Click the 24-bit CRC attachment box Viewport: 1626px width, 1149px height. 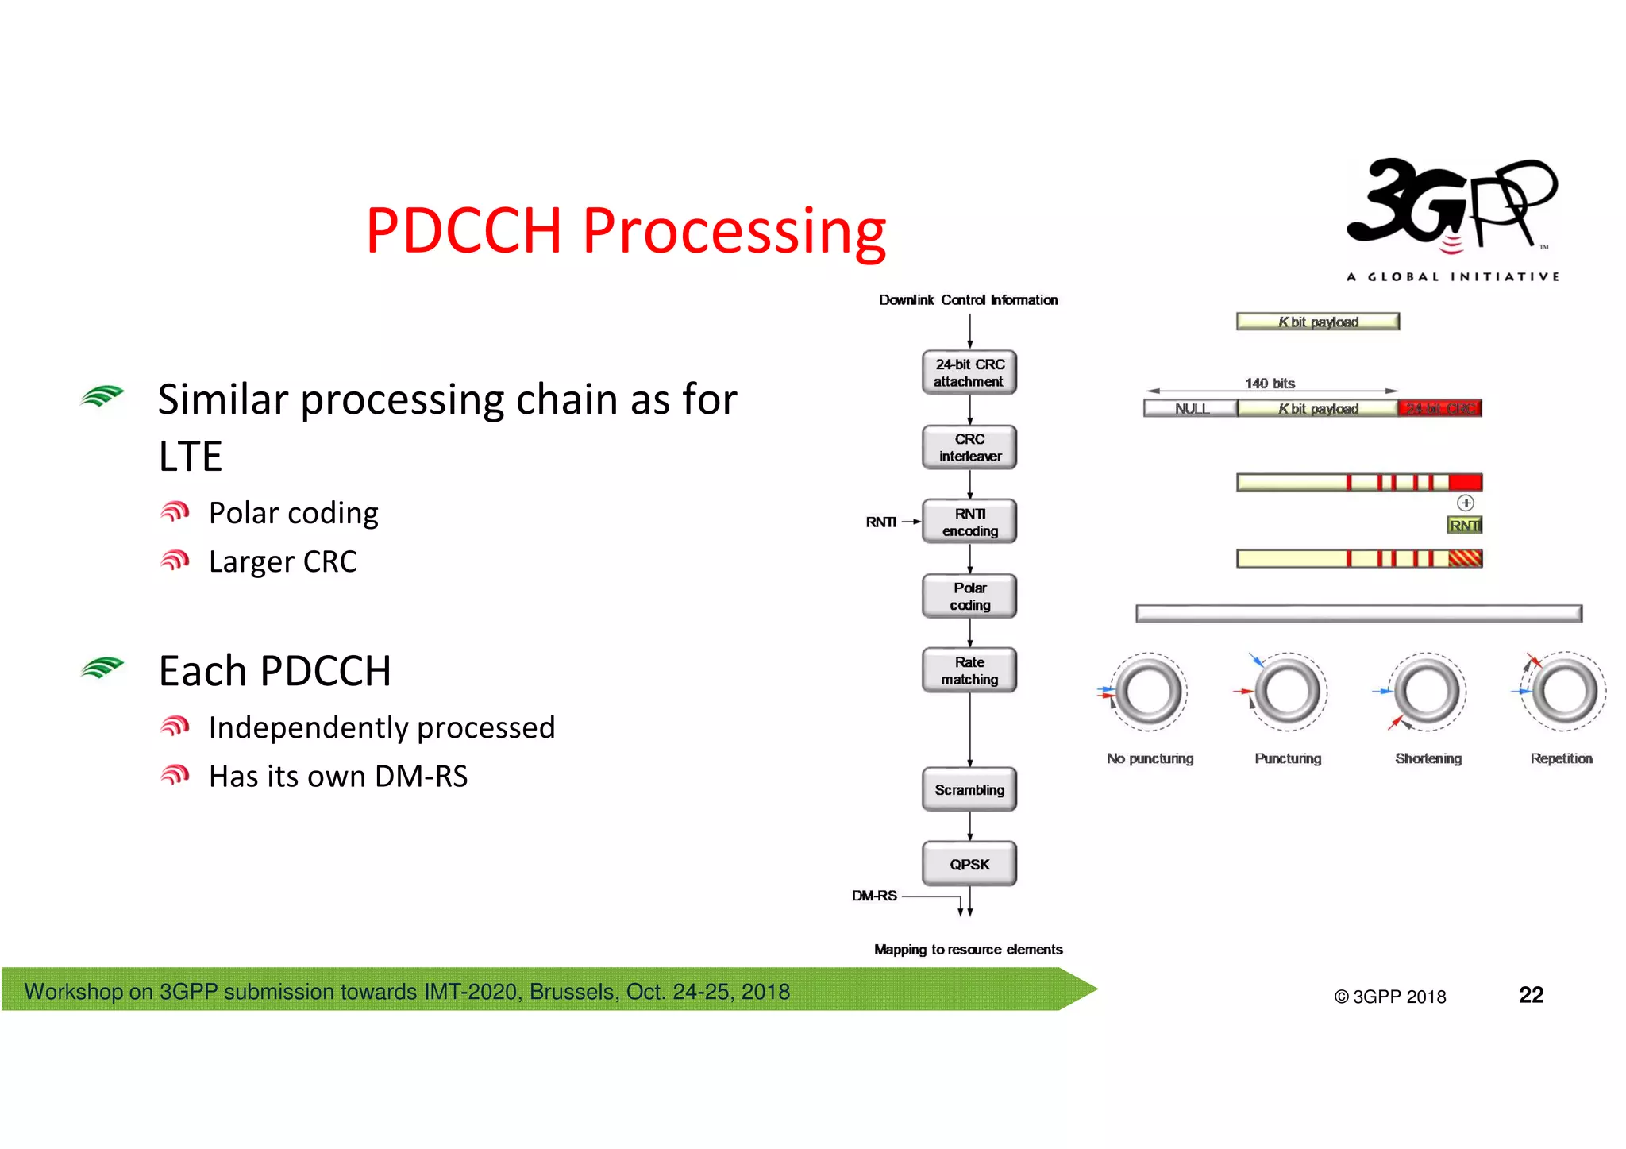pyautogui.click(x=969, y=372)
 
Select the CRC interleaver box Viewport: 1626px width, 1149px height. pyautogui.click(x=969, y=447)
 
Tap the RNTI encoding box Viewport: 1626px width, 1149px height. pyautogui.click(x=969, y=522)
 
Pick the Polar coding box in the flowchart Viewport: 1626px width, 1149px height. pyautogui.click(x=969, y=596)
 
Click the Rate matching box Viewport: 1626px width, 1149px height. pyautogui.click(x=969, y=670)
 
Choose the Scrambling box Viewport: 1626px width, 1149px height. pyautogui.click(x=969, y=789)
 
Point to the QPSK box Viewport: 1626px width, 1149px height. pyautogui.click(x=969, y=864)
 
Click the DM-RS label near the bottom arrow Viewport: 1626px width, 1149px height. pyautogui.click(x=874, y=896)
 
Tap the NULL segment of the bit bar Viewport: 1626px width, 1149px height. pyautogui.click(x=1191, y=408)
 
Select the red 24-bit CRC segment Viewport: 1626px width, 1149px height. pyautogui.click(x=1439, y=408)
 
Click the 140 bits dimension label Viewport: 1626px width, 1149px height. pyautogui.click(x=1270, y=384)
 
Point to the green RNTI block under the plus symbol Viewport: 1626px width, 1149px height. pyautogui.click(x=1465, y=525)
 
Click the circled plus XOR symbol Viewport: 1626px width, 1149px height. pyautogui.click(x=1466, y=503)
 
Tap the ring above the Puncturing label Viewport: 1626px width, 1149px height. pyautogui.click(x=1288, y=692)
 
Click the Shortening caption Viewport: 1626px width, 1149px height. pyautogui.click(x=1428, y=758)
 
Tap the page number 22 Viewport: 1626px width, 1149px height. pyautogui.click(x=1531, y=995)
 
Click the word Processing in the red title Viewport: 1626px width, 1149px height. pyautogui.click(x=734, y=231)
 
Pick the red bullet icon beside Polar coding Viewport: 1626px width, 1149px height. pyautogui.click(x=175, y=512)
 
